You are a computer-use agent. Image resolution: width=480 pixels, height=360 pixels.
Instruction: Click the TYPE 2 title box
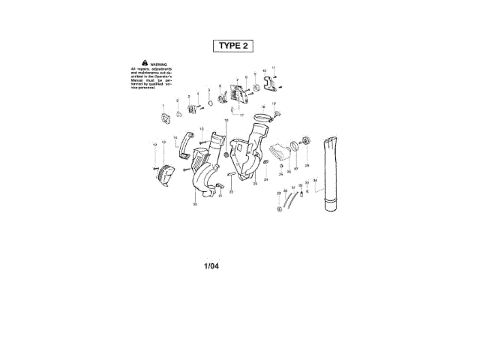click(x=232, y=46)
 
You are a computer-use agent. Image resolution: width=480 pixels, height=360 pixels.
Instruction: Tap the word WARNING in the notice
click(x=158, y=64)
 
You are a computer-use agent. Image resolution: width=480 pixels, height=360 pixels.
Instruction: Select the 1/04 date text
click(x=211, y=265)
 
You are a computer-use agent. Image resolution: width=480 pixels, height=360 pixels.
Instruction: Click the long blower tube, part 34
click(x=331, y=176)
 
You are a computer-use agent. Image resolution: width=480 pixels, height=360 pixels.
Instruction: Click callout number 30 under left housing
click(x=195, y=204)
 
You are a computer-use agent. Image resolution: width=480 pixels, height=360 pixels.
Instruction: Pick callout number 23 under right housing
click(x=256, y=184)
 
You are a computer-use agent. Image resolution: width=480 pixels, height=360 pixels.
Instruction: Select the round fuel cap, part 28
click(x=306, y=140)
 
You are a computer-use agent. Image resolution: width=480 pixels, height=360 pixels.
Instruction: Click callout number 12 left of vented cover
click(x=155, y=144)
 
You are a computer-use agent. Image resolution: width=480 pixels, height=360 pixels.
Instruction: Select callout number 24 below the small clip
click(x=265, y=180)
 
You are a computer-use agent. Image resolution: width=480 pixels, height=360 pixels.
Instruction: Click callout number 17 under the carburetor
click(x=241, y=115)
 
